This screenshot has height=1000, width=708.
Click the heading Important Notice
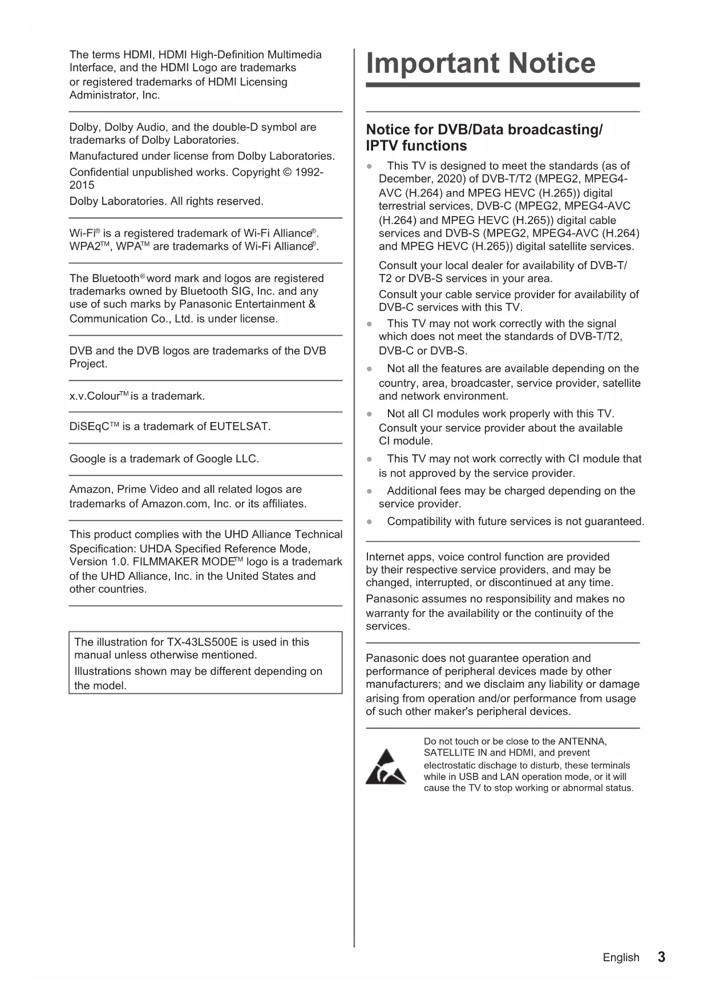click(x=480, y=63)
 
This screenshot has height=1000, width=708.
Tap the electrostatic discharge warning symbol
click(x=386, y=767)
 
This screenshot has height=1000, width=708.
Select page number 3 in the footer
click(x=661, y=957)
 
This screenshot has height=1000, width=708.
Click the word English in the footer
click(x=621, y=958)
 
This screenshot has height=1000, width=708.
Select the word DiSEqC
click(x=89, y=426)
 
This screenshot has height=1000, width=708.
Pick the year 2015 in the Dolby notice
click(x=82, y=185)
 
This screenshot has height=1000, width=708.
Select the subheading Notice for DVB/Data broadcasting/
click(x=484, y=129)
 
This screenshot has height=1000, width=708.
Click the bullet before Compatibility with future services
click(x=370, y=522)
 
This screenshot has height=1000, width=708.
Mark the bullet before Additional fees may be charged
click(x=370, y=491)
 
